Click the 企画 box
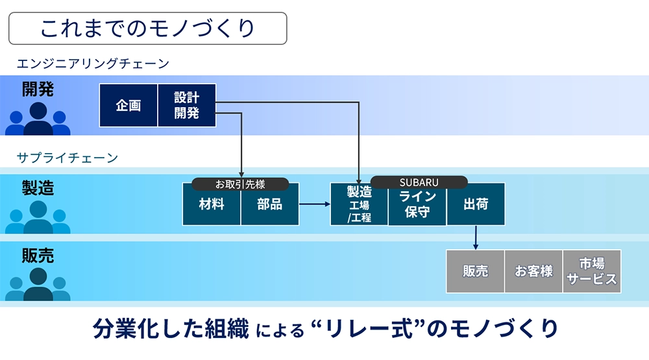coord(129,105)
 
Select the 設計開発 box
coord(187,105)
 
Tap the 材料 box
coord(212,204)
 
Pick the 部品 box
coord(270,204)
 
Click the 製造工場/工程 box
coord(359,204)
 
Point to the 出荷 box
coord(476,204)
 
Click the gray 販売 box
coord(475,271)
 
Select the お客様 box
coord(533,271)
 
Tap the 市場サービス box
coord(592,271)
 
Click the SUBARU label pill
coord(419,182)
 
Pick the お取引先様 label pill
coord(240,184)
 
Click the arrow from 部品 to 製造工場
coord(315,204)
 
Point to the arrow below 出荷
coord(476,237)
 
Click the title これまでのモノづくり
coord(148,28)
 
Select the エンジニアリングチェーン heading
coord(93,64)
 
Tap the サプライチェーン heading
coord(67,158)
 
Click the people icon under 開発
coord(38,119)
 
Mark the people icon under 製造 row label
coord(38,217)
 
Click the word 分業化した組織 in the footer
coord(171,329)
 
